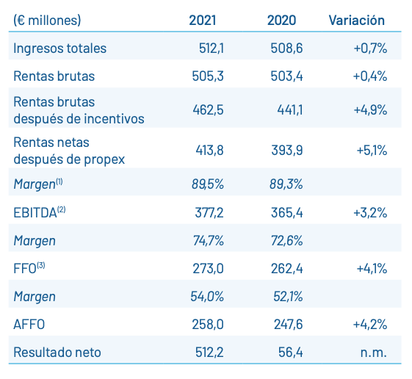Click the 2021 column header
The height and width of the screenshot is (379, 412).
202,21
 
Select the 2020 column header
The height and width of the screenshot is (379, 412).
282,21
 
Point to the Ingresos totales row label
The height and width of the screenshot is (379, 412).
59,48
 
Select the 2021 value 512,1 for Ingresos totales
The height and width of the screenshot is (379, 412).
209,48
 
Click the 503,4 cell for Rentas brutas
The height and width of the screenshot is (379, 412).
287,76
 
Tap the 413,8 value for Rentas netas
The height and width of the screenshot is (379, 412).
209,151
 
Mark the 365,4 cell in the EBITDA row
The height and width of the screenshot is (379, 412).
287,213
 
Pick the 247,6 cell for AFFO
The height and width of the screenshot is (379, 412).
287,324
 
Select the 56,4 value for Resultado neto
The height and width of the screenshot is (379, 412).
290,352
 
